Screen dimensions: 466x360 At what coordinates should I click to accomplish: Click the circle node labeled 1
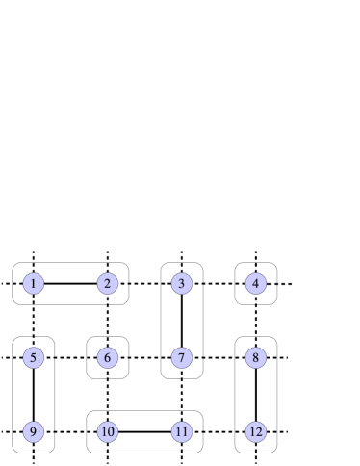(34, 284)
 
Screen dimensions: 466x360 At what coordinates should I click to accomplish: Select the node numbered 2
(108, 284)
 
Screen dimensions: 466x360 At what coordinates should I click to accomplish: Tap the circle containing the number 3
(182, 284)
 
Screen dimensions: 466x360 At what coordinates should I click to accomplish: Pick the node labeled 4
(255, 284)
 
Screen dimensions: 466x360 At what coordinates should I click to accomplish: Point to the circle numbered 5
(34, 358)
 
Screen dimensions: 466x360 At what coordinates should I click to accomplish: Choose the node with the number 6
(108, 358)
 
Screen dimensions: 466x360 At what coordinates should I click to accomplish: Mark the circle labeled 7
(182, 358)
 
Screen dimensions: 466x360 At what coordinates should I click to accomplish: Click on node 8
(255, 358)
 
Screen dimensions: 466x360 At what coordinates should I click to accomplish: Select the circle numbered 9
(34, 431)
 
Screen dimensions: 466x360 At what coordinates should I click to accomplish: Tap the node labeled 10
(108, 431)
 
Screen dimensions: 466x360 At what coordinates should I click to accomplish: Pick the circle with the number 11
(182, 431)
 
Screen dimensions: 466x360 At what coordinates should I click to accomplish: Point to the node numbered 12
(255, 431)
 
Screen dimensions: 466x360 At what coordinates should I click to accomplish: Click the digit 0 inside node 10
(112, 431)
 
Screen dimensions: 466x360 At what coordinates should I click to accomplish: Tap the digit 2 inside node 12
(259, 431)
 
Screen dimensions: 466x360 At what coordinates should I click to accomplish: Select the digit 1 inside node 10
(104, 431)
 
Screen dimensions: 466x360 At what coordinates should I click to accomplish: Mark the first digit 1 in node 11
(178, 431)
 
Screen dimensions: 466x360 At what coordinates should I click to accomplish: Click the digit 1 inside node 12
(251, 431)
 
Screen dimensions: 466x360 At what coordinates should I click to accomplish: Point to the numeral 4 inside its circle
(255, 284)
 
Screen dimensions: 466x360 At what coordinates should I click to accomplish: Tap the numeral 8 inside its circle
(255, 358)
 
